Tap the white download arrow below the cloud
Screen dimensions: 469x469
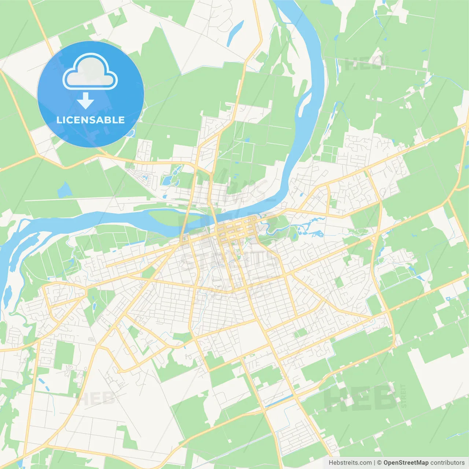(86, 101)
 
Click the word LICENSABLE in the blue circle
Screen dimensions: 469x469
(91, 120)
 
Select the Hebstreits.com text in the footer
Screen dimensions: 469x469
(350, 463)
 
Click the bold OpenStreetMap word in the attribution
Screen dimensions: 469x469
(406, 463)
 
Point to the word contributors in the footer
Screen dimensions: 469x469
(447, 463)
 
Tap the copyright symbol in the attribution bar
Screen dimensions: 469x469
(379, 463)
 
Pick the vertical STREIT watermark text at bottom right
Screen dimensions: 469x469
(403, 396)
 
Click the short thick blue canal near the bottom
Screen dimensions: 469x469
(278, 401)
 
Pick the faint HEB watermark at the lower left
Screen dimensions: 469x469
(96, 399)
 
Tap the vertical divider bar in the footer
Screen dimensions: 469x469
(374, 463)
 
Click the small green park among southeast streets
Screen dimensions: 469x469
(300, 333)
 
